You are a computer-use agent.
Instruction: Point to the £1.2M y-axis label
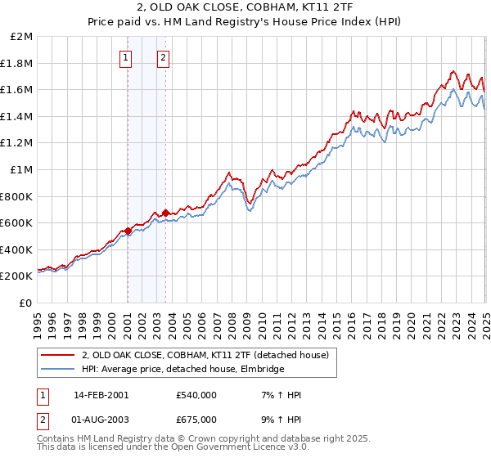(x=17, y=143)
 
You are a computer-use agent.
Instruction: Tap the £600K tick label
(x=17, y=222)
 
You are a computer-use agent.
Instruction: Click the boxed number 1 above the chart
(x=126, y=57)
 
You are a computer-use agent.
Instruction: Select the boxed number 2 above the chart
(x=164, y=57)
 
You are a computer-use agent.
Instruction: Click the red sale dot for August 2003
(x=165, y=213)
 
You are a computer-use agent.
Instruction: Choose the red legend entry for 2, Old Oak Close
(x=205, y=355)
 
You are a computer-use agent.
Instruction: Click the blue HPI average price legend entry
(x=182, y=369)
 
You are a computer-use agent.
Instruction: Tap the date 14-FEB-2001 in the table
(x=101, y=395)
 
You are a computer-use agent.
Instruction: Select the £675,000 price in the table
(x=196, y=420)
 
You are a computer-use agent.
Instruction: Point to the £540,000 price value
(x=196, y=395)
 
